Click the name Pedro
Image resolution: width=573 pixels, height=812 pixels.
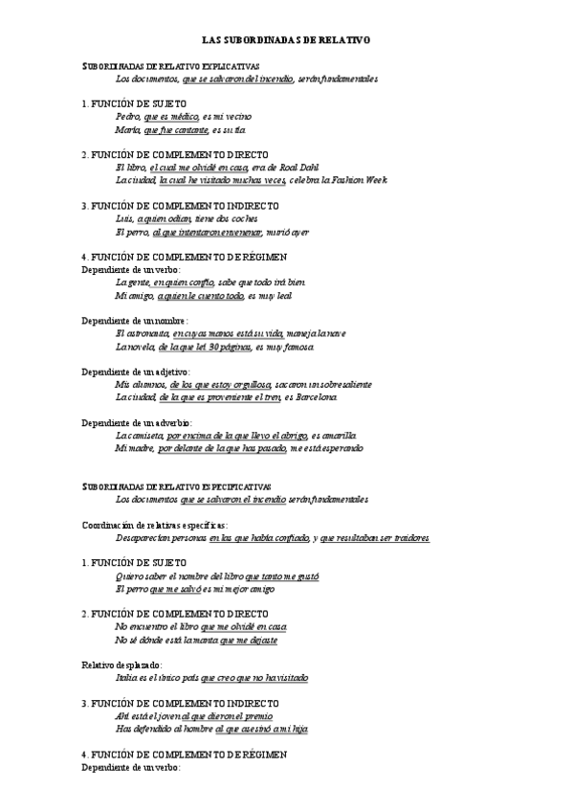(127, 116)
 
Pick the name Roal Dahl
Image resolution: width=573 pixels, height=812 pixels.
(301, 167)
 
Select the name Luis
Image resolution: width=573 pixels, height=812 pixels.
(123, 217)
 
